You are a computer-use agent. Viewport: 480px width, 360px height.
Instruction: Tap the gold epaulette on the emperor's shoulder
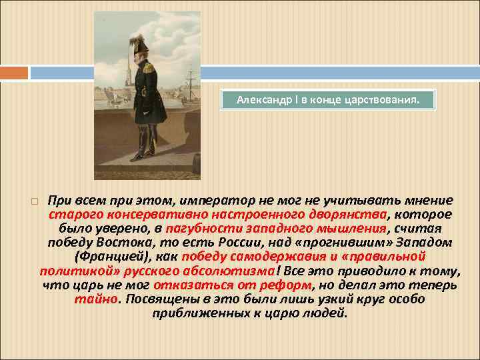pyautogui.click(x=155, y=67)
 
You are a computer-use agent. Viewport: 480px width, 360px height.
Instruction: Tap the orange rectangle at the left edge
pyautogui.click(x=14, y=72)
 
